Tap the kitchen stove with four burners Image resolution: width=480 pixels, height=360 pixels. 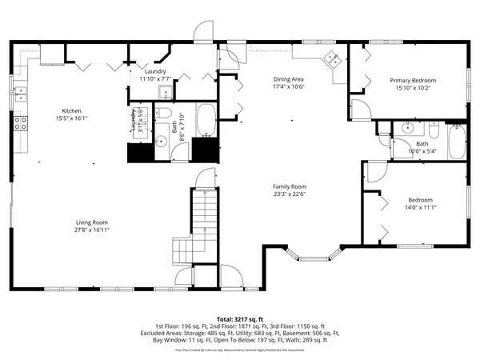click(x=20, y=123)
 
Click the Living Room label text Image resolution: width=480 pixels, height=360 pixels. click(x=92, y=222)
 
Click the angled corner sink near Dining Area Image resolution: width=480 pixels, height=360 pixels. click(x=330, y=58)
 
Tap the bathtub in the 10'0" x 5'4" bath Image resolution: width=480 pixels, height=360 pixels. click(x=456, y=142)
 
